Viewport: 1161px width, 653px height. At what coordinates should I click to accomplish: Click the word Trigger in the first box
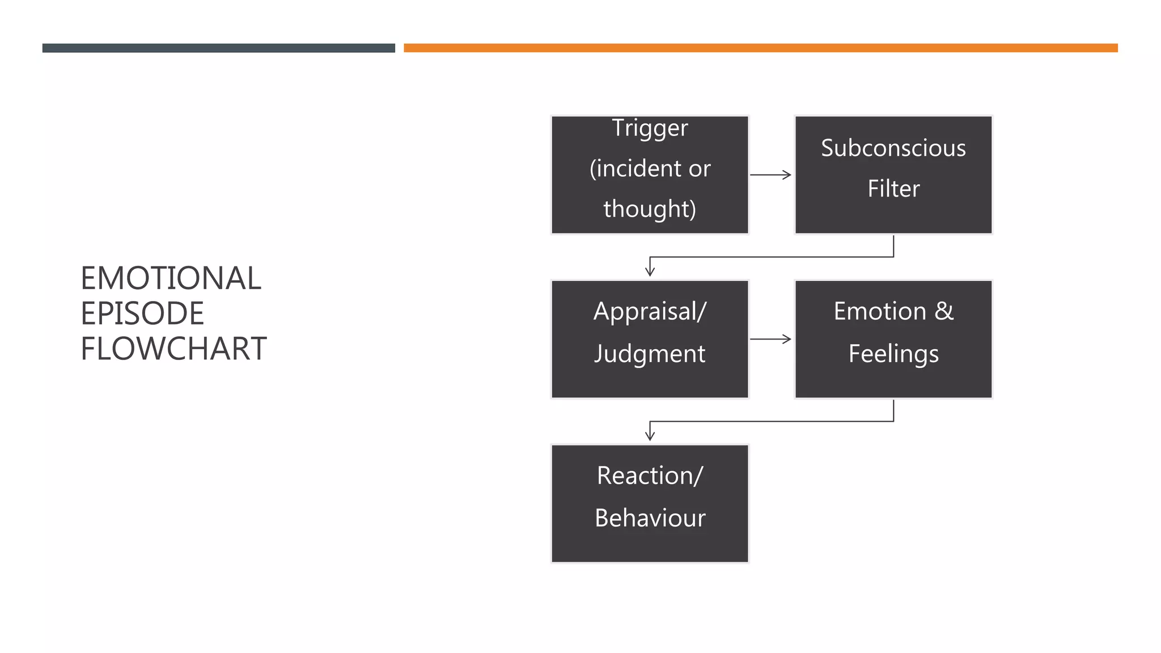(x=650, y=128)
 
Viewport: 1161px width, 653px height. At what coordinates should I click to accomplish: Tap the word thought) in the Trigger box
(x=650, y=209)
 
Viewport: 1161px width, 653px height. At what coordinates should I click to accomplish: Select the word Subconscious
(x=893, y=148)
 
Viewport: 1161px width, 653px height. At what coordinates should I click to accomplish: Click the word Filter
(x=893, y=189)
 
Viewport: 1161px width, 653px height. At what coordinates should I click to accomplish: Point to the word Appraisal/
(x=650, y=311)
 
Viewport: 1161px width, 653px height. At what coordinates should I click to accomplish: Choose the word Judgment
(x=650, y=354)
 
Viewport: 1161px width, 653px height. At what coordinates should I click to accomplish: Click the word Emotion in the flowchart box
(x=880, y=311)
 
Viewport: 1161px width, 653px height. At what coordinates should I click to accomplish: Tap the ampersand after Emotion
(x=944, y=311)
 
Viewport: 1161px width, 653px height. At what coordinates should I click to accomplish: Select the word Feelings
(x=893, y=354)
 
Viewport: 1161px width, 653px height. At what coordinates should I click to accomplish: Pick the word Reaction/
(x=650, y=476)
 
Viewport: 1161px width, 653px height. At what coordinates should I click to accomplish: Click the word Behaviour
(x=650, y=518)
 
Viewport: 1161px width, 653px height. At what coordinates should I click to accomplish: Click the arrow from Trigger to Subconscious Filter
(x=770, y=175)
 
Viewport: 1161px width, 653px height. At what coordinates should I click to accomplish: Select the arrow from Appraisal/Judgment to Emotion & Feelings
(x=770, y=339)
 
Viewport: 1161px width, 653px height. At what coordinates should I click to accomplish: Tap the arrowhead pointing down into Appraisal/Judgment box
(x=650, y=271)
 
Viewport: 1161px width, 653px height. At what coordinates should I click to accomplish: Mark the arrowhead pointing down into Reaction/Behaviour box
(x=650, y=435)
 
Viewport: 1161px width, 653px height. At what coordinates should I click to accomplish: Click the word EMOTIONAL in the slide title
(x=171, y=278)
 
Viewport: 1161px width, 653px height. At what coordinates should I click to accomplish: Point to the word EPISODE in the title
(x=142, y=313)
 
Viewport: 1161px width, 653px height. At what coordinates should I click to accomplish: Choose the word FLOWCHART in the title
(x=173, y=349)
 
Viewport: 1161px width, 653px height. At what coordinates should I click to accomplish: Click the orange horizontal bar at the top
(x=760, y=48)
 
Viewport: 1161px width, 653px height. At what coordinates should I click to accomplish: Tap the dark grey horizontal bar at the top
(x=218, y=48)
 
